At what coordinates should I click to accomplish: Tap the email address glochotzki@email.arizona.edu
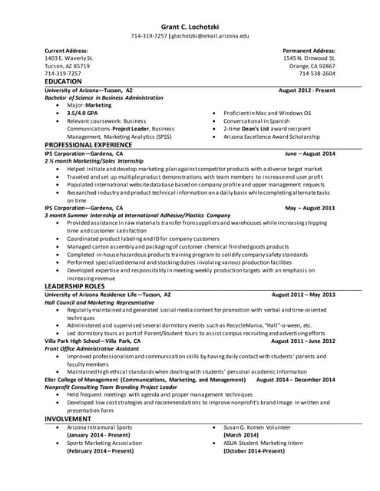210,36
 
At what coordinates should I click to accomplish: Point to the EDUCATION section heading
63,81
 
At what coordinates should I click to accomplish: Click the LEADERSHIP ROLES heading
75,286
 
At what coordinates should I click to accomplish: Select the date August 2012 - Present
306,90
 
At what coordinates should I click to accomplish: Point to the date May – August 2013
310,208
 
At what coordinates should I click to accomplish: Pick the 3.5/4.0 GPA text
83,113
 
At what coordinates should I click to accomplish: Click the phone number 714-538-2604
313,74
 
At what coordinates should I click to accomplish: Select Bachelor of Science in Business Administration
104,97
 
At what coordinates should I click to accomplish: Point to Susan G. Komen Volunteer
257,427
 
